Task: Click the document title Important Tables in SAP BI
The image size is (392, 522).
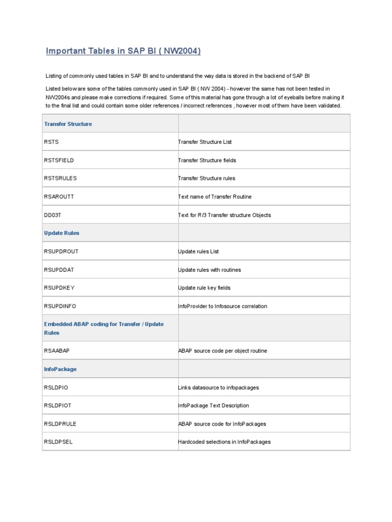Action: point(123,51)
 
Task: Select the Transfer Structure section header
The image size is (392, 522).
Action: point(68,124)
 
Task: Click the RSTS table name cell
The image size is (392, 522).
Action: point(52,142)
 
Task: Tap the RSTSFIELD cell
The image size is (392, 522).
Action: point(59,160)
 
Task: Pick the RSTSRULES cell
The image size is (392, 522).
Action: point(60,178)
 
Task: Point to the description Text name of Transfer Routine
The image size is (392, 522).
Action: point(214,196)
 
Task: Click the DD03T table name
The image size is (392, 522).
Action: point(53,215)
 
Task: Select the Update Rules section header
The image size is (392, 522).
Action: point(62,233)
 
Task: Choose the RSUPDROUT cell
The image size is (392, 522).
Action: point(61,251)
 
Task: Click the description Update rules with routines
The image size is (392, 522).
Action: point(209,270)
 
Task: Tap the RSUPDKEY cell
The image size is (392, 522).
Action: point(59,288)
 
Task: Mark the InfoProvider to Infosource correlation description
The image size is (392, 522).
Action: point(222,306)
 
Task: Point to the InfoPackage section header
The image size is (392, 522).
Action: point(60,369)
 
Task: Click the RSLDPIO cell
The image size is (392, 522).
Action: point(56,387)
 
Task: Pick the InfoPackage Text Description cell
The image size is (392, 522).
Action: point(213,406)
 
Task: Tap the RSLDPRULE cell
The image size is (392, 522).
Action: point(60,424)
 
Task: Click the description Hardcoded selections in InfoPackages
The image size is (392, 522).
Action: point(224,442)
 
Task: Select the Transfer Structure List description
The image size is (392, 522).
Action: point(205,142)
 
